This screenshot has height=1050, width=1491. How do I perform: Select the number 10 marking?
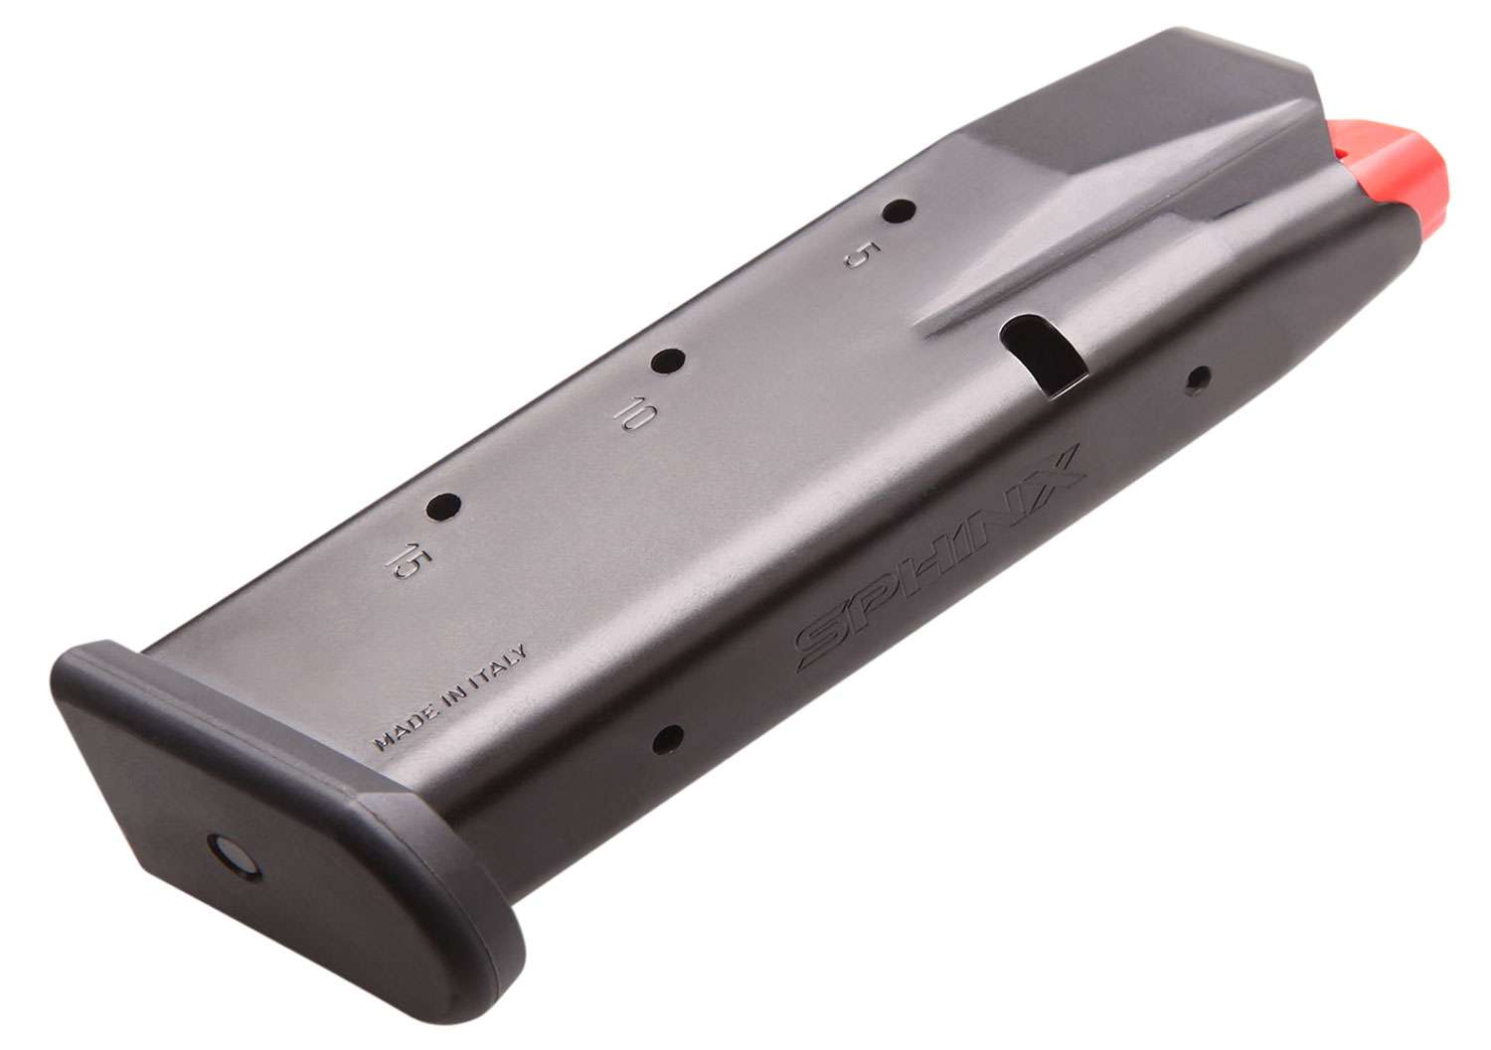coord(629,415)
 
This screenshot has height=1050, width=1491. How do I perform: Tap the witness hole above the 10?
coord(669,362)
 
